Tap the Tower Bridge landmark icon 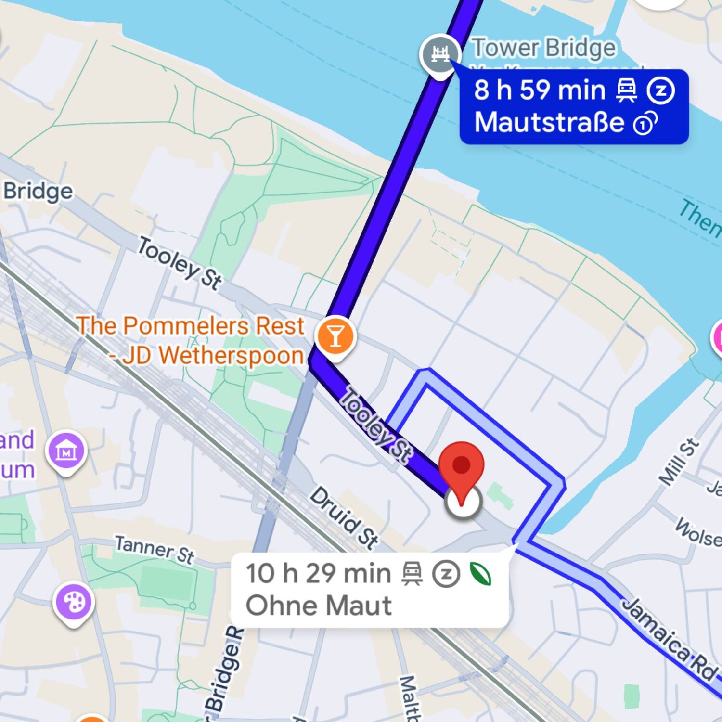tap(440, 54)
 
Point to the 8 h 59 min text tap(540, 90)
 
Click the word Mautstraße tap(549, 122)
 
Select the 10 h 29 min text tap(318, 573)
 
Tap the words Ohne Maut tap(319, 606)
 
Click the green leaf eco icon tap(481, 574)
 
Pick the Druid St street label tap(344, 518)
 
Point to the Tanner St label tap(155, 550)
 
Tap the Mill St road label tap(679, 462)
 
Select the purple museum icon tap(66, 451)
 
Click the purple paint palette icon tap(74, 602)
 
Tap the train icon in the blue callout tap(627, 90)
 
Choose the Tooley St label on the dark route tap(376, 425)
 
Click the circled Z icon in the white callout tap(446, 574)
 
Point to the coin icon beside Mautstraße tap(645, 124)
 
